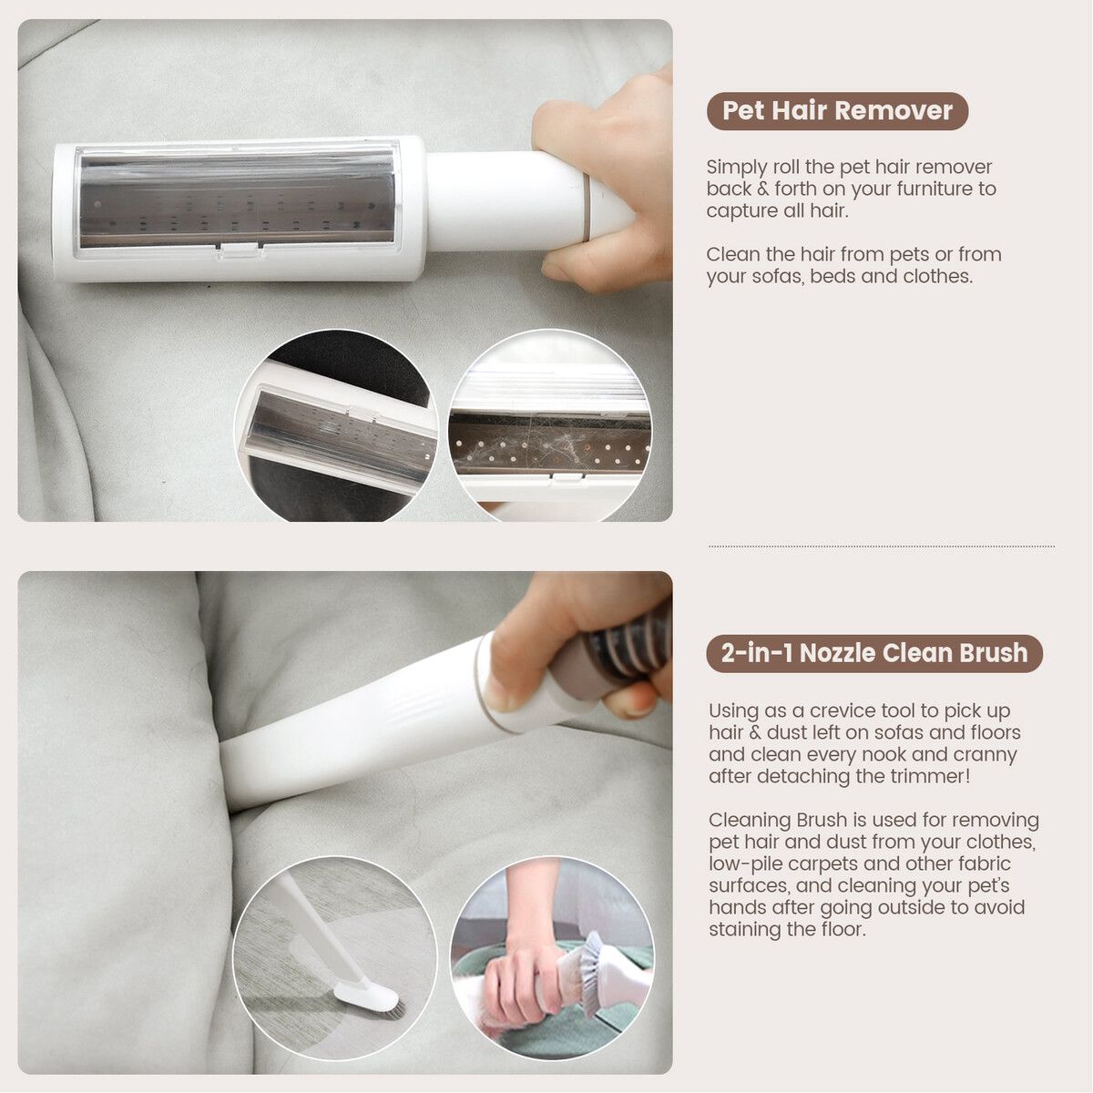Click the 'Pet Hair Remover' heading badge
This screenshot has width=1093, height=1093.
pyautogui.click(x=837, y=110)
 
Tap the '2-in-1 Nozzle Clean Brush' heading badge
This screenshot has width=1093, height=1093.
pyautogui.click(x=874, y=653)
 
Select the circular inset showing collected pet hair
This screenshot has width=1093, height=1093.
pyautogui.click(x=551, y=425)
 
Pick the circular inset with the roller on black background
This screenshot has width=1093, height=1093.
pyautogui.click(x=336, y=425)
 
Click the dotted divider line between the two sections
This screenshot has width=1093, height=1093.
pyautogui.click(x=881, y=546)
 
